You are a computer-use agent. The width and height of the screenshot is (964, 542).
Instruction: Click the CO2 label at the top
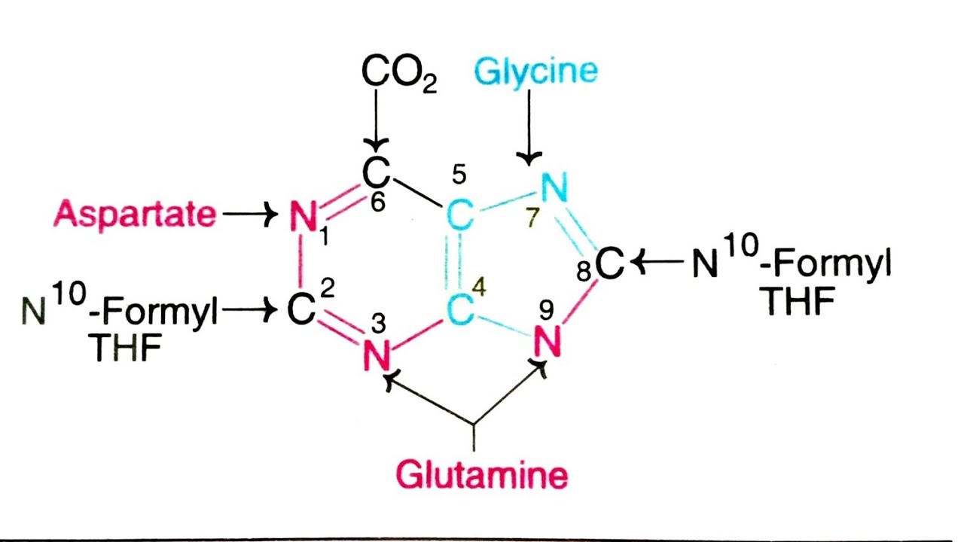click(398, 73)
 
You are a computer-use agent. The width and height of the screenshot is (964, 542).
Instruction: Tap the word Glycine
click(535, 72)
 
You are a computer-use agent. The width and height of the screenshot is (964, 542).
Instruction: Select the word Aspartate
click(135, 215)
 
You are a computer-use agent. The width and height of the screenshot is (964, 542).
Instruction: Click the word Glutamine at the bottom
click(481, 475)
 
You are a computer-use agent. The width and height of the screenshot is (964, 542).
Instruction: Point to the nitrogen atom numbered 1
click(303, 217)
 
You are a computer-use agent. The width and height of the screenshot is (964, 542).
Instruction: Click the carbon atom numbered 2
click(301, 310)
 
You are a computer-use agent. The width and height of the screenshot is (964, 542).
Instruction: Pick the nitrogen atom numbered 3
click(377, 355)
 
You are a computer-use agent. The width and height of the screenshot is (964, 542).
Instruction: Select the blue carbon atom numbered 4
click(460, 310)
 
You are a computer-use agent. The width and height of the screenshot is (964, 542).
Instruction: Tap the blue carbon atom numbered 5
click(460, 216)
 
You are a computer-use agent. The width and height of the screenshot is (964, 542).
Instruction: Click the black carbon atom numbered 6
click(376, 173)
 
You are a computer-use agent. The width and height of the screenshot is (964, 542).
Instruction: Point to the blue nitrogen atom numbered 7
click(554, 187)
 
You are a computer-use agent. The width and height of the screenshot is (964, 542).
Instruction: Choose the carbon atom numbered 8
click(610, 264)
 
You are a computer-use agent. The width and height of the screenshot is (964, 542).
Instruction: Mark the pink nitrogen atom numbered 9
click(548, 343)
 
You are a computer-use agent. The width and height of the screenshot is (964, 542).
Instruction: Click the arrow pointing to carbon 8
click(657, 263)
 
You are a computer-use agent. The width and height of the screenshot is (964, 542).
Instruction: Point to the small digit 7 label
click(532, 218)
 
